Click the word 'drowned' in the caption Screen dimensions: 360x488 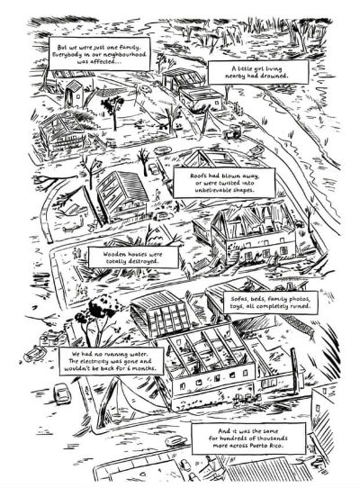coord(274,76)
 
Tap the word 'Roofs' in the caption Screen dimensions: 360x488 coord(198,176)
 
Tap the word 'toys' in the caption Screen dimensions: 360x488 coord(237,306)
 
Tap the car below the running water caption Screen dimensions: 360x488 coord(61,393)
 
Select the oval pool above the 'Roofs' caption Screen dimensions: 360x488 coord(163,150)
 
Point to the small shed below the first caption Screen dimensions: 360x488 coord(74,93)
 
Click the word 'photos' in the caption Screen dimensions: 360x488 coord(299,299)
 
